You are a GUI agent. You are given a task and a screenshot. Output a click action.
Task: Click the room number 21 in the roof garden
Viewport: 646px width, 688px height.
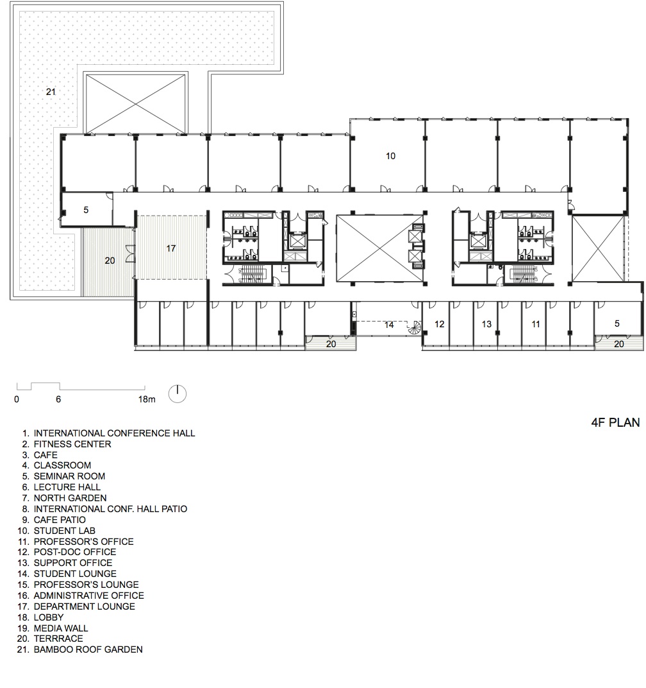[x=51, y=92]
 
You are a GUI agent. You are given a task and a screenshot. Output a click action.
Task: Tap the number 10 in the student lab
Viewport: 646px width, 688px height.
[x=391, y=155]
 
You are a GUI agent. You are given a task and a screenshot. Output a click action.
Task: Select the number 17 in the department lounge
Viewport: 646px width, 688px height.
[x=171, y=248]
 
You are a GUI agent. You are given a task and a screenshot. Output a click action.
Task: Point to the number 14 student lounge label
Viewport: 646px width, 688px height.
[x=389, y=325]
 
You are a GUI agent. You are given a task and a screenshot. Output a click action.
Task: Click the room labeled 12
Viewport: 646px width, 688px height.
[x=439, y=324]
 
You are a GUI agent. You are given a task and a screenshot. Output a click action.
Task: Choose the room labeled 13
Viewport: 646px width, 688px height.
[x=486, y=324]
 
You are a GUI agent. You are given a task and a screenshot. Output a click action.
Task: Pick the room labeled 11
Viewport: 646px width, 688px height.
[x=536, y=324]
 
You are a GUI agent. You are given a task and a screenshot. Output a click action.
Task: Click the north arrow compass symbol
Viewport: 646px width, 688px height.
[x=178, y=393]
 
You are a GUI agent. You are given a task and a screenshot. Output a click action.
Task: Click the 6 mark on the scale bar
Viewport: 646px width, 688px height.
[x=58, y=399]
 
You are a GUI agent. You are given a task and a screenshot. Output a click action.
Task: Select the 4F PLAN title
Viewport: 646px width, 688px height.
[x=615, y=422]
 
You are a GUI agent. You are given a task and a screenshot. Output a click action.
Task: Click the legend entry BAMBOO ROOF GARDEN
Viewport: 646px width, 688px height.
[x=88, y=649]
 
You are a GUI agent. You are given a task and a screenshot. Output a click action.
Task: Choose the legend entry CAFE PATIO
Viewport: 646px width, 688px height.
[x=60, y=519]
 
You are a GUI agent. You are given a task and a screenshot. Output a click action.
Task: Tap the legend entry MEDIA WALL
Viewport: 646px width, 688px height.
[x=61, y=628]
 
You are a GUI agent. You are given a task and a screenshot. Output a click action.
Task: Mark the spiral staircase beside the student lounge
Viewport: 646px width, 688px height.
[x=415, y=327]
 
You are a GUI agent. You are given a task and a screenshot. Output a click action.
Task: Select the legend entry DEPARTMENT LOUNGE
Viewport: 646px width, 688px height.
[x=84, y=606]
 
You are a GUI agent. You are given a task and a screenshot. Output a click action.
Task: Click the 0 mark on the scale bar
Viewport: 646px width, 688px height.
[x=17, y=399]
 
